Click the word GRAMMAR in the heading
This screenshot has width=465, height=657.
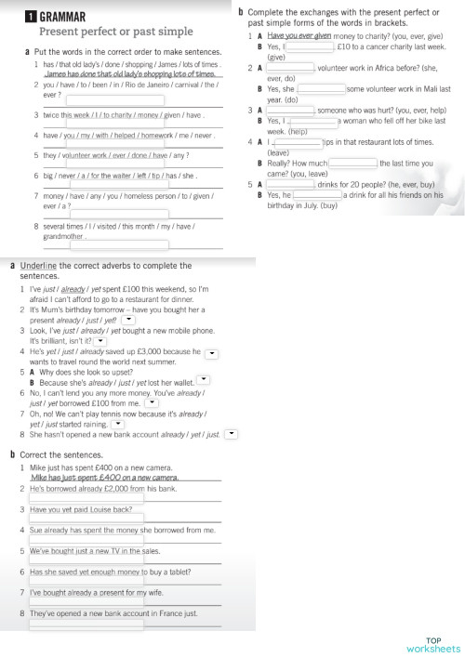pos(63,17)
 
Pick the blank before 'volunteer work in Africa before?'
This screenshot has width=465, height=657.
pos(291,68)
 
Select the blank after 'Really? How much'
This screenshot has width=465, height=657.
pos(352,164)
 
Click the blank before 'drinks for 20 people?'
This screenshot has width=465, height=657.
pos(291,185)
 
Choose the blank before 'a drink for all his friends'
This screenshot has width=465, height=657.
pos(317,196)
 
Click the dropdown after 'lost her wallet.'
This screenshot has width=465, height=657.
pos(204,380)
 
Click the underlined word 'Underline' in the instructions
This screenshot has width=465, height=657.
pos(39,266)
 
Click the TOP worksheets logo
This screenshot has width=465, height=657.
pos(432,645)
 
